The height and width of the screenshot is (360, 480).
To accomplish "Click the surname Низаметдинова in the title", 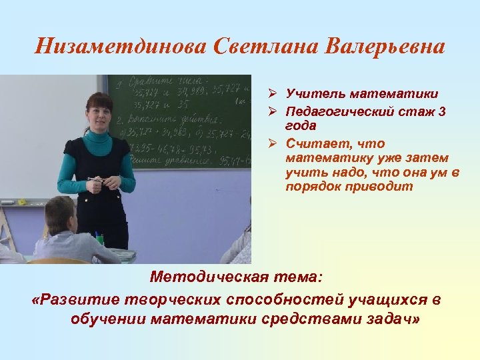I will point(122,47).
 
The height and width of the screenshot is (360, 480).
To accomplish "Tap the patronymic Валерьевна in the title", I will point(385,47).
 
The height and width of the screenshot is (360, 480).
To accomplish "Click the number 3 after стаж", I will point(443,113).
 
